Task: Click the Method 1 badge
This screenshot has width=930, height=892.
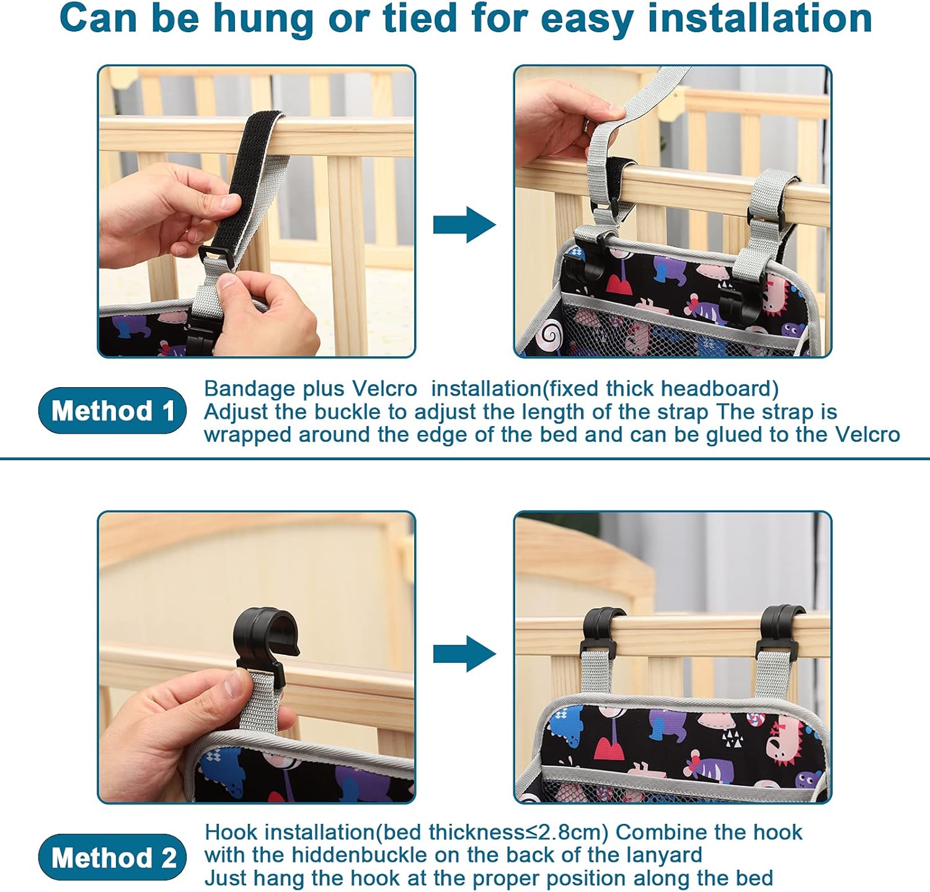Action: click(x=112, y=411)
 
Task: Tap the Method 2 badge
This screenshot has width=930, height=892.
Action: click(x=112, y=857)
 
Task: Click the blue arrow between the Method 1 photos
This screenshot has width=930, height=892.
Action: click(x=464, y=225)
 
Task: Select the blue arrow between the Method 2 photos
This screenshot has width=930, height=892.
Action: click(x=464, y=654)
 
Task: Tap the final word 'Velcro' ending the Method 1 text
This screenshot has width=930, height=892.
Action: click(x=867, y=434)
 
